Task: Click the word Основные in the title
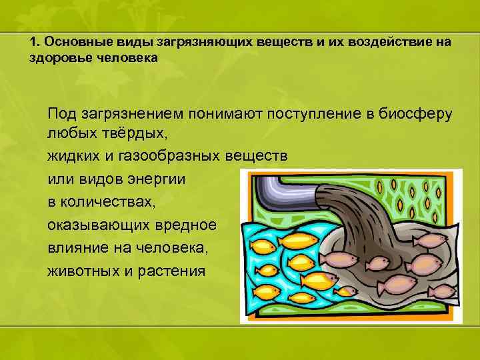pos(70,42)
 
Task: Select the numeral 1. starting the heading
pos(35,42)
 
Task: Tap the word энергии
pos(156,180)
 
